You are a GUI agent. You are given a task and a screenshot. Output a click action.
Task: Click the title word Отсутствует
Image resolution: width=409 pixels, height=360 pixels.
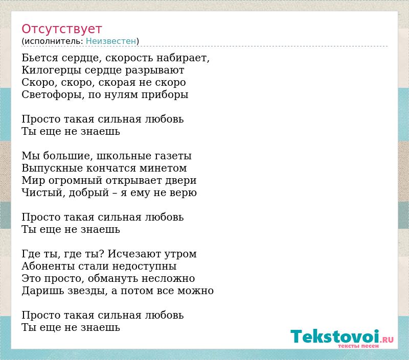(61, 29)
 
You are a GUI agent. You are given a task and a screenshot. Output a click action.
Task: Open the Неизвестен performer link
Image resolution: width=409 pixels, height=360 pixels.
(111, 41)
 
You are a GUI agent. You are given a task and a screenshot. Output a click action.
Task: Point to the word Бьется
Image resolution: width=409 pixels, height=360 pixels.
(40, 58)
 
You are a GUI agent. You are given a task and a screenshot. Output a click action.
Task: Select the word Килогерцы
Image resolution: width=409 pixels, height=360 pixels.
(52, 70)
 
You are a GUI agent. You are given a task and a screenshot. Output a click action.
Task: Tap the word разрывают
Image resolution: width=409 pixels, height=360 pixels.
(155, 70)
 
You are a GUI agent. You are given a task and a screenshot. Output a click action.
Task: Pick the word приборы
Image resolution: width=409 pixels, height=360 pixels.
(165, 95)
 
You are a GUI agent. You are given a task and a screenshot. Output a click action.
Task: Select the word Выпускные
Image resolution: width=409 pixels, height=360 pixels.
(52, 169)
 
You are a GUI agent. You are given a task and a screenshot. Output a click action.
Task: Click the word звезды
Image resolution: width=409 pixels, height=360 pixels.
(87, 291)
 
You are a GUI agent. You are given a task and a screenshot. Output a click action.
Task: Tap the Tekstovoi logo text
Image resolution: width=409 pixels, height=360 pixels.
(335, 337)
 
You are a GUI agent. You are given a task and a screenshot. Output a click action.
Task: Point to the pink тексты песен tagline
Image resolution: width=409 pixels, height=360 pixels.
(358, 346)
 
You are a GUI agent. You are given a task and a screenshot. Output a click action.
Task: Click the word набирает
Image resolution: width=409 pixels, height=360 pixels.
(183, 58)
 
